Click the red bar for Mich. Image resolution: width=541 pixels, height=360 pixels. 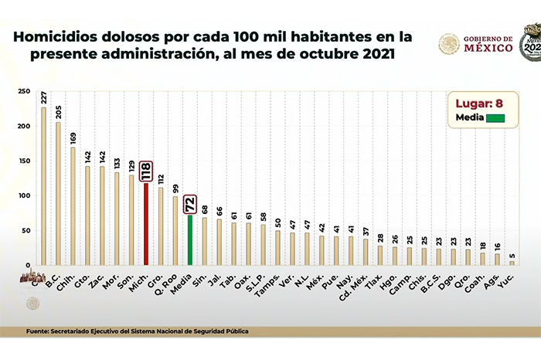coord(146,224)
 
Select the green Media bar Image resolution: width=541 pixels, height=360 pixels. coord(190,239)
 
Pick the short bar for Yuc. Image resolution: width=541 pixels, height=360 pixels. coord(511,263)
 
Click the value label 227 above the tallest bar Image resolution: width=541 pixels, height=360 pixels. coord(43,97)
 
